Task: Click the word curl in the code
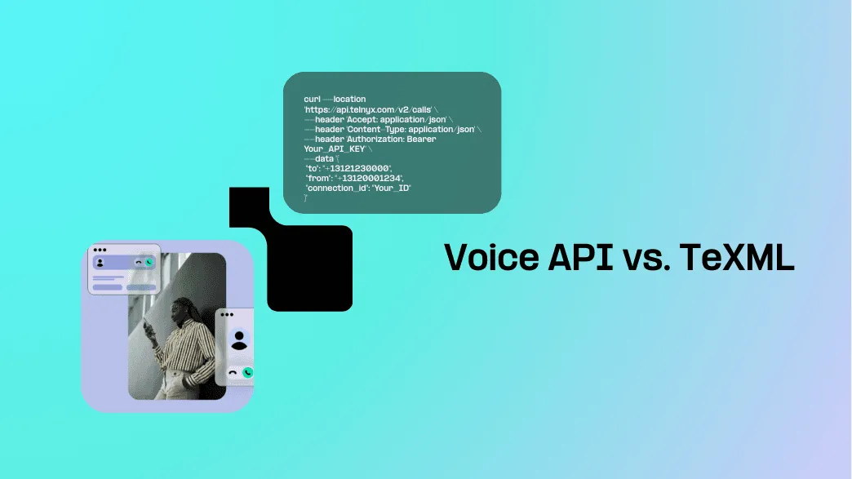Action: (312, 99)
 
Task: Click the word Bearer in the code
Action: (420, 139)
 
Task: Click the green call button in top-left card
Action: (149, 263)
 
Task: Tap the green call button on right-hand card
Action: (247, 372)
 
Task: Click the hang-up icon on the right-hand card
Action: (233, 372)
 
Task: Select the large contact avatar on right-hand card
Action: (239, 339)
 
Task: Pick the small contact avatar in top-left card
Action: (100, 263)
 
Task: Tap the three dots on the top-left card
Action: (100, 250)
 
